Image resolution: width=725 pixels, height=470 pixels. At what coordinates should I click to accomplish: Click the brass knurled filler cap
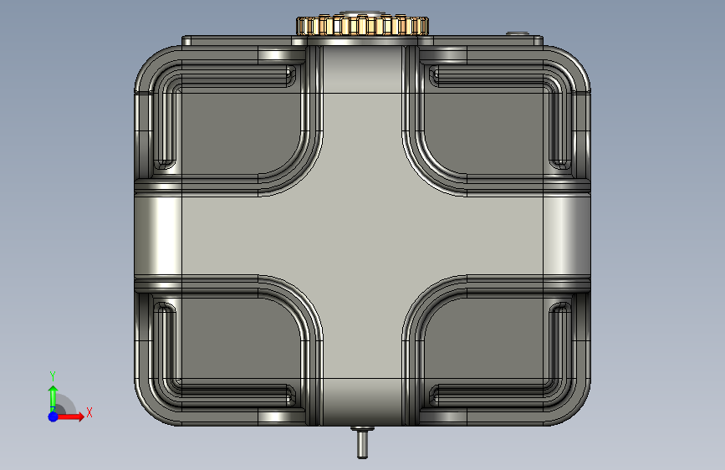click(x=363, y=25)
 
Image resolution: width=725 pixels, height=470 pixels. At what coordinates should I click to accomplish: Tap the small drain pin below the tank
click(x=362, y=442)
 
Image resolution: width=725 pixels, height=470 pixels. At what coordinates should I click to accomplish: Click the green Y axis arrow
click(x=53, y=397)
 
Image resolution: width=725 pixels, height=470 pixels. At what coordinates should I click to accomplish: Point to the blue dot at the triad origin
click(x=54, y=416)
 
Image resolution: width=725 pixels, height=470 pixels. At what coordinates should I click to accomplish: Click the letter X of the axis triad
click(x=89, y=412)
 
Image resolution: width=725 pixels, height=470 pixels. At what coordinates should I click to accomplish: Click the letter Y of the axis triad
click(x=53, y=375)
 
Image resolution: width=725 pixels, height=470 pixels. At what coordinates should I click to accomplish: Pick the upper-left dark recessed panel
click(x=241, y=131)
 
